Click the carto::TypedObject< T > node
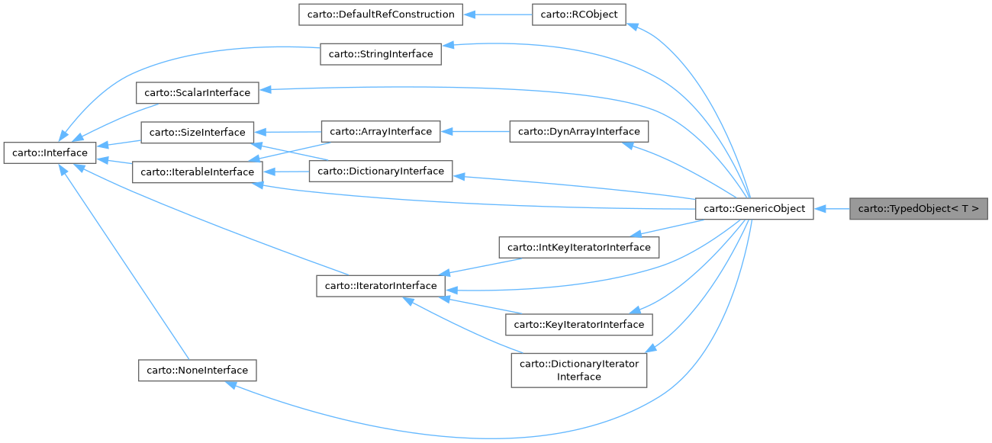[x=918, y=208]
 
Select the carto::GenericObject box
[x=754, y=208]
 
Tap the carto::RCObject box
[x=579, y=14]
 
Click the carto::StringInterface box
[x=380, y=53]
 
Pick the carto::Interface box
[x=50, y=152]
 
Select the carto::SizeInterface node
[x=197, y=132]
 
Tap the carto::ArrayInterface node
[x=381, y=131]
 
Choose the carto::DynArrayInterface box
[x=578, y=131]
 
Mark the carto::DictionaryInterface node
[x=381, y=171]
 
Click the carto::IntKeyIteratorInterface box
[x=578, y=247]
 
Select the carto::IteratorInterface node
[x=380, y=286]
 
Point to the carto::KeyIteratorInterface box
[x=578, y=324]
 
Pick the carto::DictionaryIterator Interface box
[x=578, y=370]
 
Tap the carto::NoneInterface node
[x=198, y=371]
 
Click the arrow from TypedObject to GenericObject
[x=832, y=208]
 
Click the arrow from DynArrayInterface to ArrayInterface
[x=475, y=131]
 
